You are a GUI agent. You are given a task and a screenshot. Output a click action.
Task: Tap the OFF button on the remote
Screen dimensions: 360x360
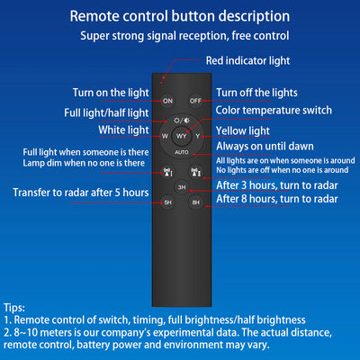[195, 101]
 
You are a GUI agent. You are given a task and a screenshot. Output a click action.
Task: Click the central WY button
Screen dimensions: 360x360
[182, 136]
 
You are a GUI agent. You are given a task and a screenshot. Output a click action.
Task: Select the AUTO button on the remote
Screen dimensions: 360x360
[182, 152]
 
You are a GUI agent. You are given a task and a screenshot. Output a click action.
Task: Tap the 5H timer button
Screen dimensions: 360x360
[167, 202]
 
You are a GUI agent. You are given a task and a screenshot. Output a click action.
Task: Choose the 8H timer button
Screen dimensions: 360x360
[195, 202]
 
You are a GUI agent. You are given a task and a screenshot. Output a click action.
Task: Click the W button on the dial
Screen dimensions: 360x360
[165, 136]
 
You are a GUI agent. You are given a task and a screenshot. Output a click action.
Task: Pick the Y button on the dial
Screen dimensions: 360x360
[198, 136]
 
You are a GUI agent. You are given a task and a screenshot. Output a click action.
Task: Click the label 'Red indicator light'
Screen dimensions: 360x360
[247, 60]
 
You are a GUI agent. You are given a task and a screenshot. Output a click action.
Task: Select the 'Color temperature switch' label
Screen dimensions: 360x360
[274, 110]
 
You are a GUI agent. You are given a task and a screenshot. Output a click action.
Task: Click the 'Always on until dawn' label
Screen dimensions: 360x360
[265, 147]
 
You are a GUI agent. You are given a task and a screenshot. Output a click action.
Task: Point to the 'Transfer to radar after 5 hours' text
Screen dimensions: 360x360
[81, 193]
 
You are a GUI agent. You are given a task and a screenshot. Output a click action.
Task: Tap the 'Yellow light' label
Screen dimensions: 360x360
[243, 130]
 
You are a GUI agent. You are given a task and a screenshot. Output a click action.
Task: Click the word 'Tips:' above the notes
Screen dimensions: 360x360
[14, 308]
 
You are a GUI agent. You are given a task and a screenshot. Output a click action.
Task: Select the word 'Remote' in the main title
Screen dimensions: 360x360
[94, 16]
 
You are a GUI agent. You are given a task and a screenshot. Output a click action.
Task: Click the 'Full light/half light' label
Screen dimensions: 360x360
[106, 113]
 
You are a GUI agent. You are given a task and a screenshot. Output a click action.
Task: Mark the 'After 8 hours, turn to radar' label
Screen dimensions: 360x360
[277, 199]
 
